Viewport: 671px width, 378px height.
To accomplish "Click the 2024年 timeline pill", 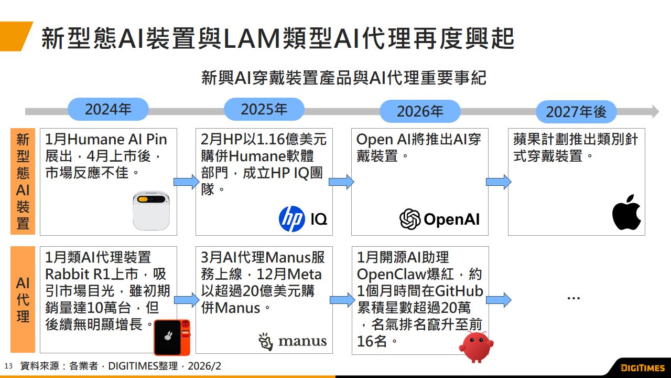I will (x=108, y=110).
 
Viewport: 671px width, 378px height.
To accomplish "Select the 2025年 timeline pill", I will (x=264, y=109).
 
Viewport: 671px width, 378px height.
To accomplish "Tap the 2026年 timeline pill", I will (x=419, y=111).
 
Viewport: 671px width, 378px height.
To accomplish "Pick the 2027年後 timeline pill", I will (x=576, y=112).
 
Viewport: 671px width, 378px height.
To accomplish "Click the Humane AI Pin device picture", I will (x=151, y=210).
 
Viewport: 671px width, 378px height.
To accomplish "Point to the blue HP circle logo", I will (x=291, y=219).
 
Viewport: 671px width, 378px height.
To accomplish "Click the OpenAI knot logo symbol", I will (x=410, y=219).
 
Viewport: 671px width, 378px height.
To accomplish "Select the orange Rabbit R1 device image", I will (x=172, y=337).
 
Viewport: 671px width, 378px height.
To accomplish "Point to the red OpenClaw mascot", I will (x=476, y=346).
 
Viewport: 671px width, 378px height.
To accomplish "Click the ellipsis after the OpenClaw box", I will (x=573, y=298).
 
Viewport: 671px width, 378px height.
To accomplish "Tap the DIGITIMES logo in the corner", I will (x=642, y=367).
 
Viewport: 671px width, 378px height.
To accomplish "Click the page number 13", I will (x=8, y=366).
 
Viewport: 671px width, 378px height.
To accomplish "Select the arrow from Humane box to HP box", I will (x=186, y=182).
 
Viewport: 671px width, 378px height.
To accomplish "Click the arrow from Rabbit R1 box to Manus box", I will (x=186, y=300).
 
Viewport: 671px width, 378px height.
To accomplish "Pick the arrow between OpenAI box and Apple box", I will (x=498, y=182).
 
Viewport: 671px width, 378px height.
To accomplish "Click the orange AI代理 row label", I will (x=23, y=299).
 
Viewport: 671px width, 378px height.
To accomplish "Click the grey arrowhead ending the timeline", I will (x=655, y=111).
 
